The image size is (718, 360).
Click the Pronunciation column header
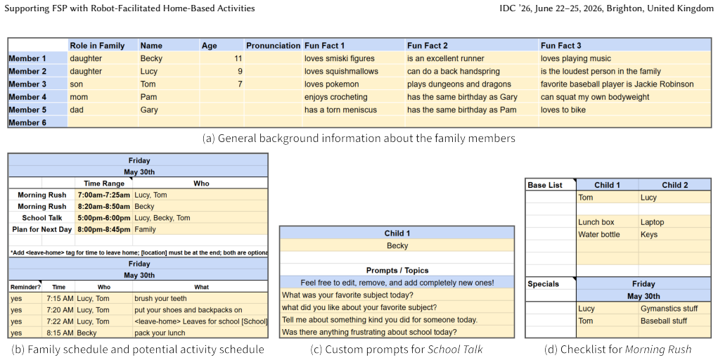[x=273, y=45]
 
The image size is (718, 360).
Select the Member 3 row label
[x=27, y=84]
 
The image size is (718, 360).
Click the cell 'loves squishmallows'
[x=341, y=71]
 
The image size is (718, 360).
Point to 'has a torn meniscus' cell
[x=340, y=110]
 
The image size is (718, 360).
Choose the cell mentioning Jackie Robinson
[x=617, y=84]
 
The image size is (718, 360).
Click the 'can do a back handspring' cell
[x=454, y=71]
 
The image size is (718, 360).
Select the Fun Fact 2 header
[x=428, y=45]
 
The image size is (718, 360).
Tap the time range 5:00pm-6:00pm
[x=103, y=217]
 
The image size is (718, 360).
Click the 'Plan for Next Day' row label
[x=41, y=229]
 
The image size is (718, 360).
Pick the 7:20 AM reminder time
[x=60, y=310]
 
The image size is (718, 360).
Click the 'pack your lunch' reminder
[x=160, y=333]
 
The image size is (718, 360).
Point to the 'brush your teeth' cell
[x=160, y=299]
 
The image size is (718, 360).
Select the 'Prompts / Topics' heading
[x=397, y=270]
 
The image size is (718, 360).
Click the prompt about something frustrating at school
[x=369, y=332]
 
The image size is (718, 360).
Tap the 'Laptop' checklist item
[x=652, y=222]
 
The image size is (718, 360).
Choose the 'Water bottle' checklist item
[x=598, y=235]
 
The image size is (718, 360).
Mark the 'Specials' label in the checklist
[x=543, y=284]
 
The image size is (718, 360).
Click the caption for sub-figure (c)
[x=397, y=349]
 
